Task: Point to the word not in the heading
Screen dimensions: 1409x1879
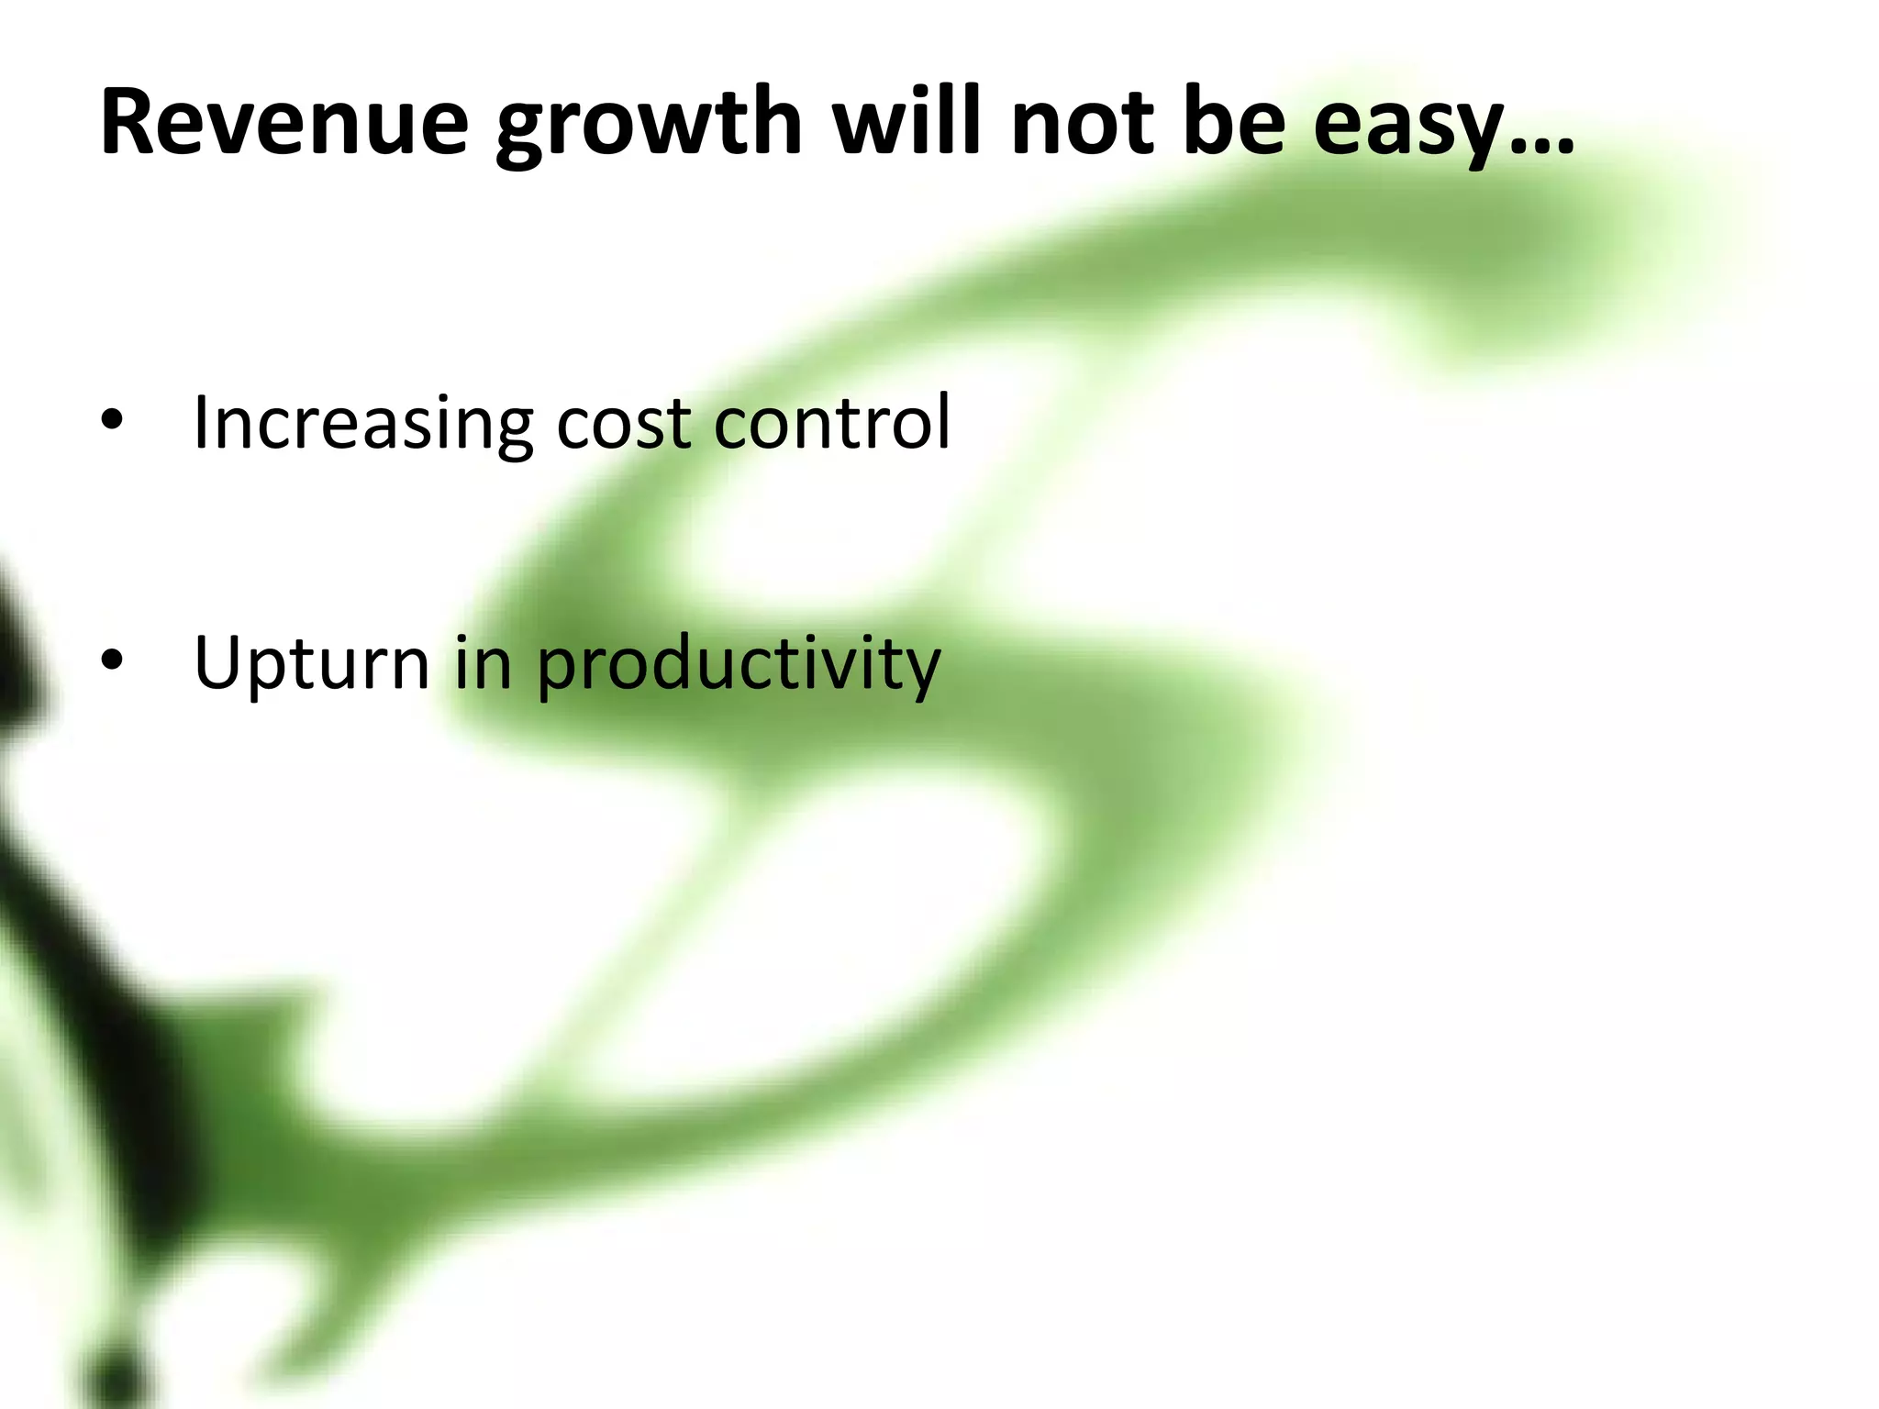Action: (x=1083, y=124)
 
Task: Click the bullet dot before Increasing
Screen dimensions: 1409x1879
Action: (x=112, y=421)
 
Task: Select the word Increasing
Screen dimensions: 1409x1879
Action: (x=363, y=424)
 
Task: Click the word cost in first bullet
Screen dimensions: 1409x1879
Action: (x=624, y=424)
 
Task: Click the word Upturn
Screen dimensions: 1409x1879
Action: (x=312, y=664)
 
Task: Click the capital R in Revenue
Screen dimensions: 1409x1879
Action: (x=128, y=122)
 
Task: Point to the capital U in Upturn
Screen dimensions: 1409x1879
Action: (x=220, y=662)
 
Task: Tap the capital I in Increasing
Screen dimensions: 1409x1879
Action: (x=201, y=422)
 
